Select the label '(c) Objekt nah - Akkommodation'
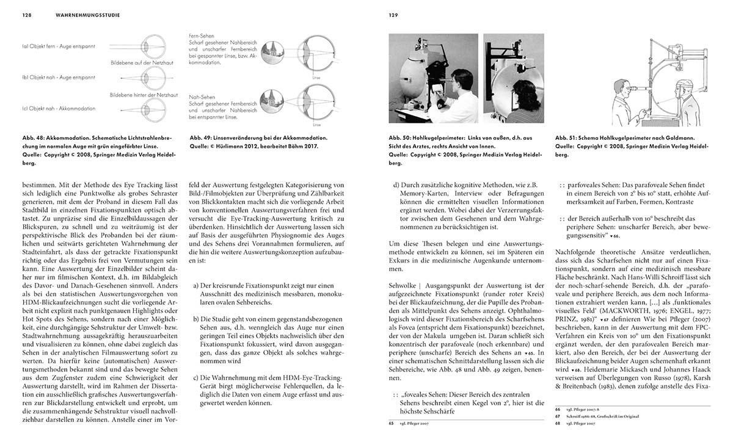coord(59,108)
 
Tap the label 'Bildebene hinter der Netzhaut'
coord(138,95)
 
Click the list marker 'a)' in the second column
coord(195,285)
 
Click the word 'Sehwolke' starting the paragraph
coord(404,285)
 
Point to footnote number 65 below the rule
coord(392,423)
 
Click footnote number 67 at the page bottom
coord(558,416)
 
